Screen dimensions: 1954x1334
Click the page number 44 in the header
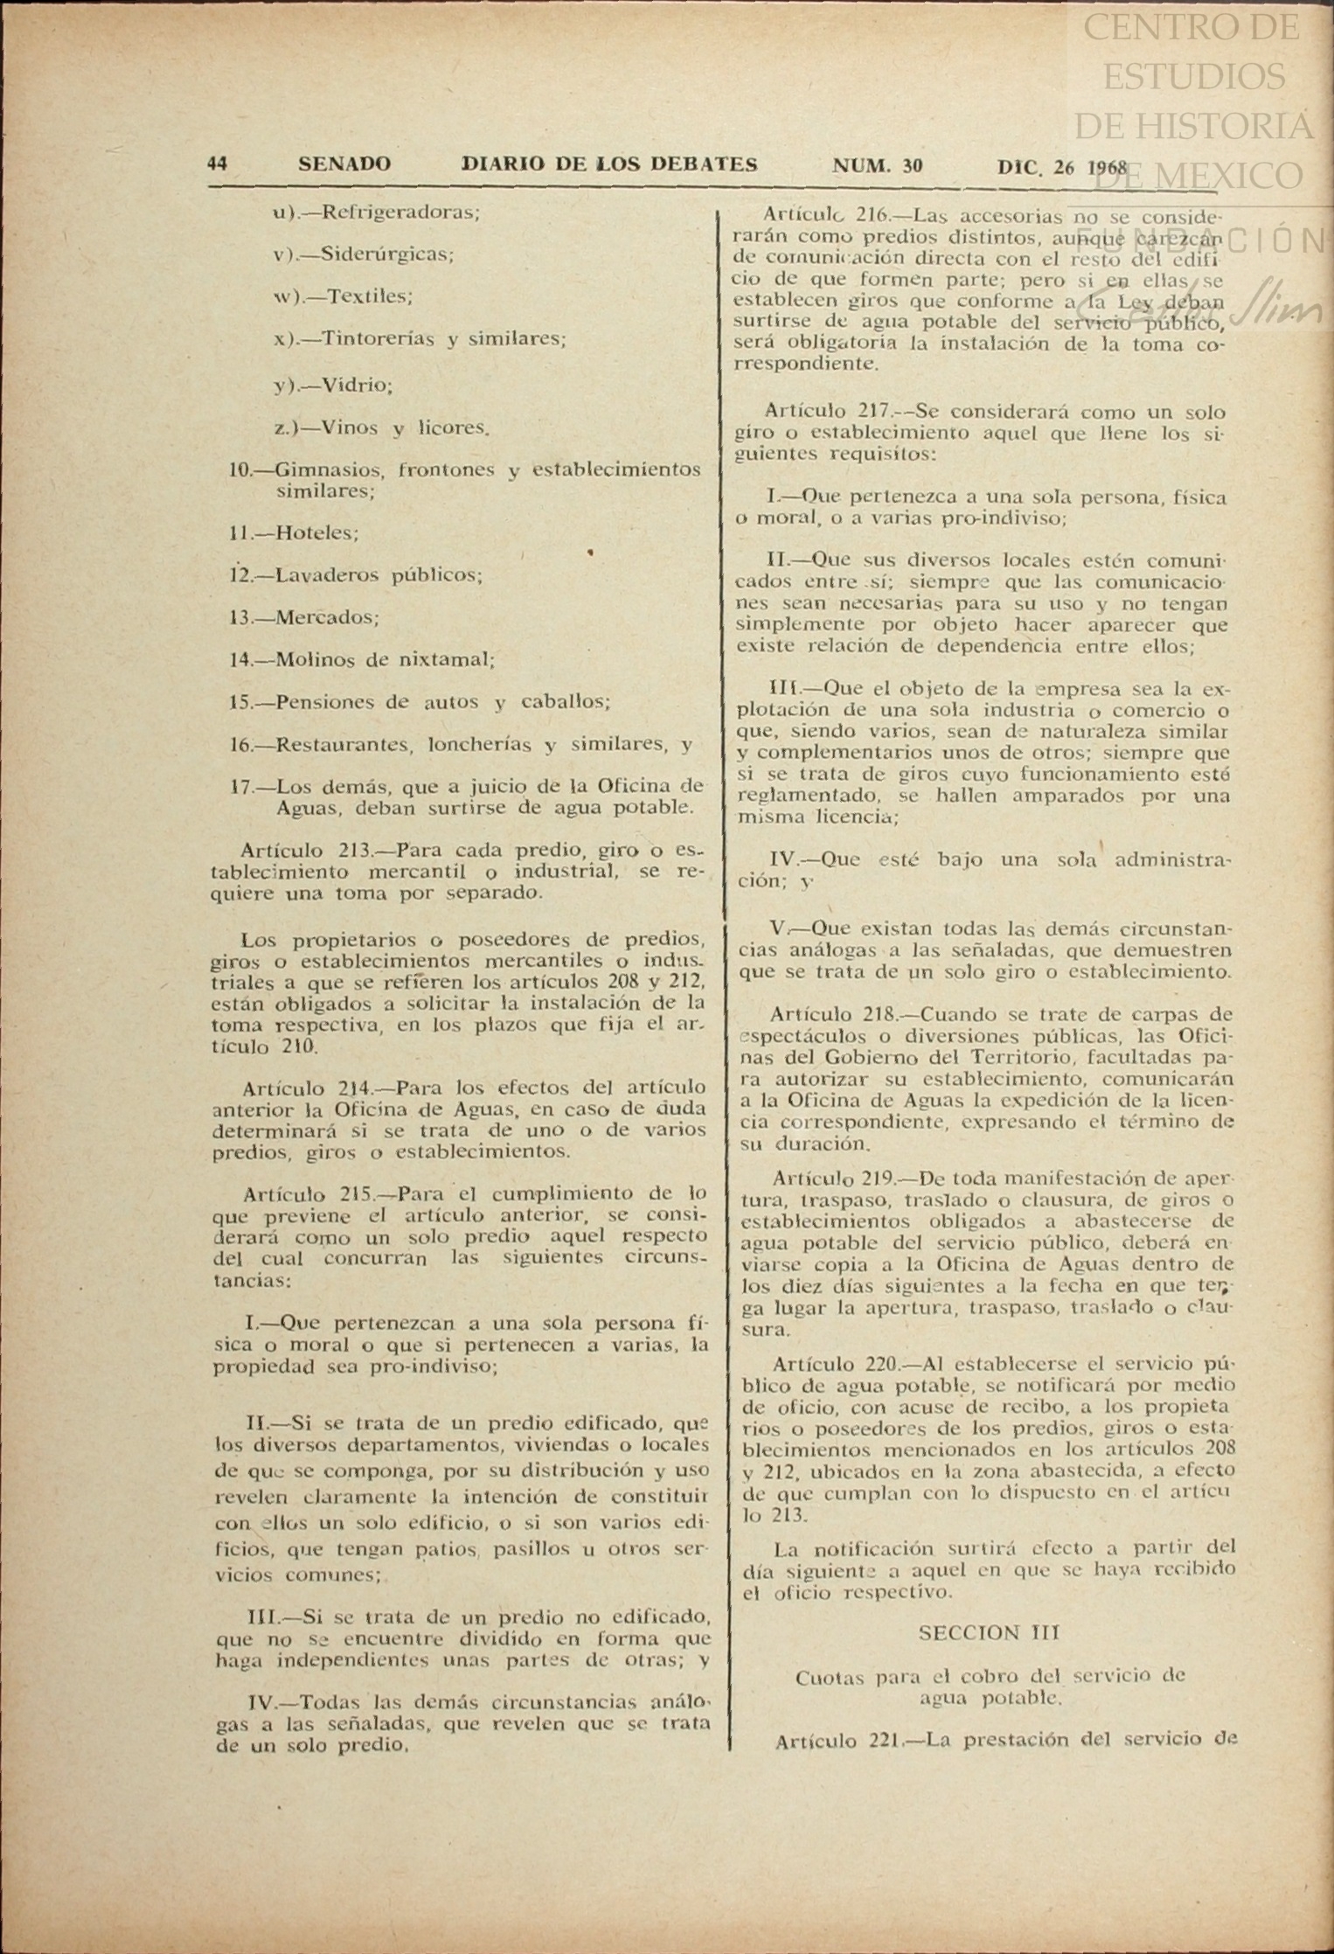[218, 163]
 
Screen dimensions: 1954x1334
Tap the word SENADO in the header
[344, 163]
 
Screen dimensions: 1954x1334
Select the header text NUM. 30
[877, 165]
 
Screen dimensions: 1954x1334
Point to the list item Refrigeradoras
[400, 212]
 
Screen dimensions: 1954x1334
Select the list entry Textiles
[365, 296]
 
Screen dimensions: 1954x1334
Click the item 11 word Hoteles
[316, 532]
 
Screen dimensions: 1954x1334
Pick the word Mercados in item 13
[327, 617]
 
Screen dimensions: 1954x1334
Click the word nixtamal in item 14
[447, 660]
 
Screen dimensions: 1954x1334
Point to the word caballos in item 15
[565, 702]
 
